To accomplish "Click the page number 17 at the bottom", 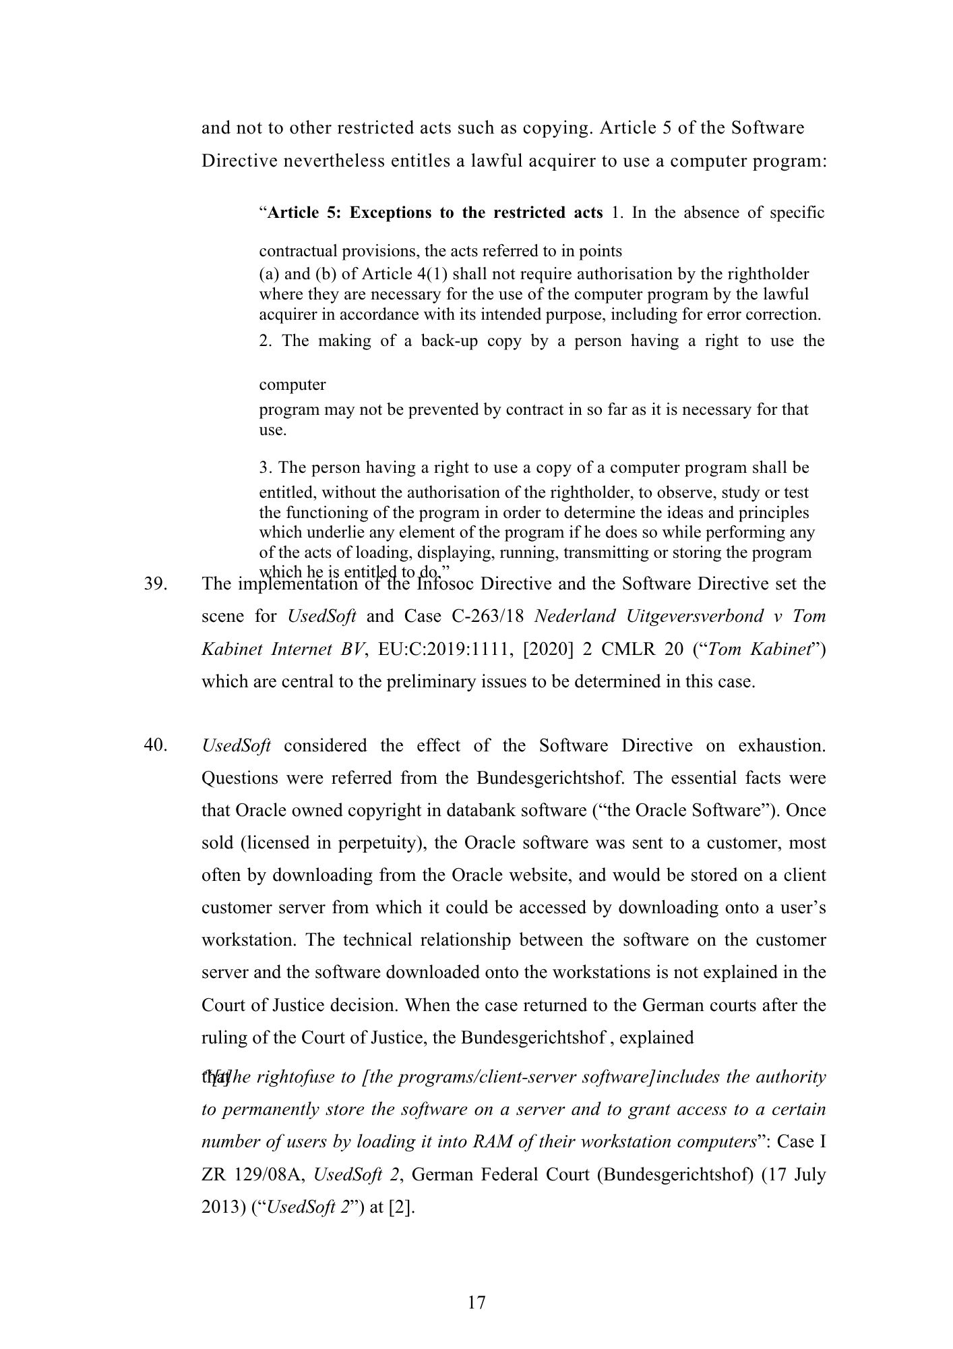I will coord(476,1302).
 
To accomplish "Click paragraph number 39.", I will coord(156,583).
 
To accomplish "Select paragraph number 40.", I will coord(156,745).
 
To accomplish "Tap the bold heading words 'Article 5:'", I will coord(303,213).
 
